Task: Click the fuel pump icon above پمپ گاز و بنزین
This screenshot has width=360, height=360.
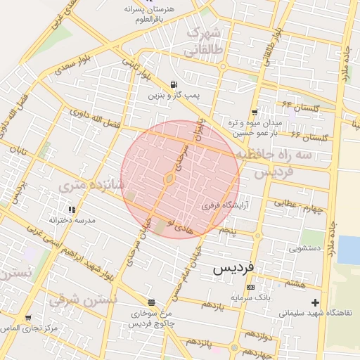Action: click(174, 84)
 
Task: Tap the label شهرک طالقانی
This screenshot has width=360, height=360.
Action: click(202, 42)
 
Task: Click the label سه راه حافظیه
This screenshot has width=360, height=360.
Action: click(273, 153)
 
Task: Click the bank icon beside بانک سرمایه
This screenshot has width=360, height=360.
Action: click(250, 287)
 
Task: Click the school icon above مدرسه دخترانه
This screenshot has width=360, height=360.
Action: click(71, 210)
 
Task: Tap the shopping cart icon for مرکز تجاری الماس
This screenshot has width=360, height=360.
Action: click(27, 318)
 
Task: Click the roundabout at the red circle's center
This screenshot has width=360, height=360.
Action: click(169, 180)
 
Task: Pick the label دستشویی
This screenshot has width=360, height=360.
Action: click(309, 247)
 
